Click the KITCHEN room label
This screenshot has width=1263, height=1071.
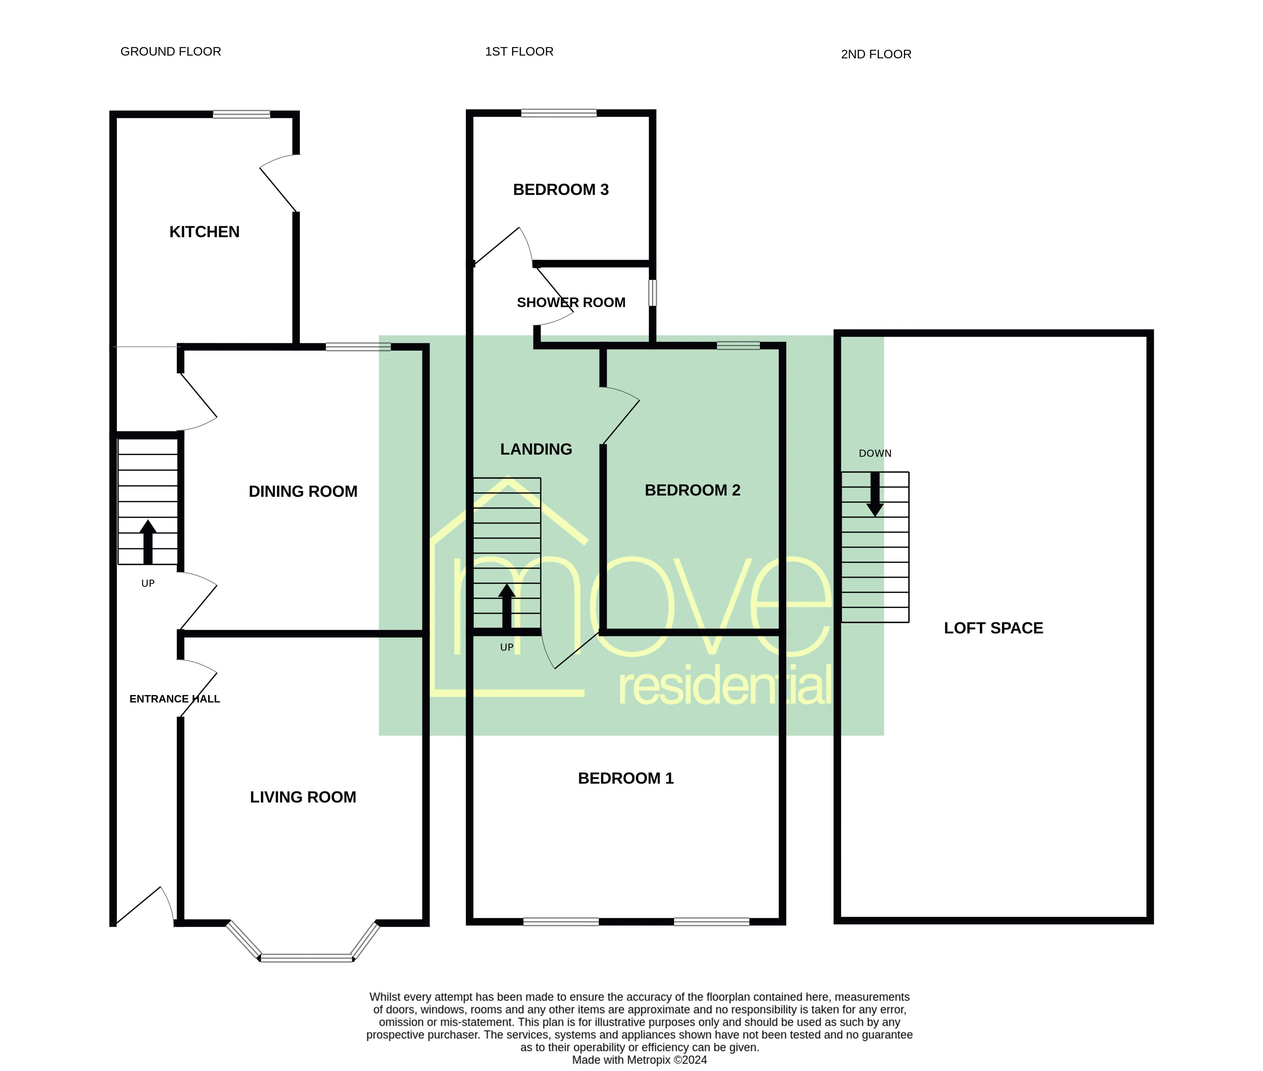[x=204, y=232]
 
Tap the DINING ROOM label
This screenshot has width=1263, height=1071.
[x=303, y=491]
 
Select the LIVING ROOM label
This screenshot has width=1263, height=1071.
[x=303, y=797]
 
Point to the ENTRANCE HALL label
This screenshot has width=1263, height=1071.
[x=174, y=699]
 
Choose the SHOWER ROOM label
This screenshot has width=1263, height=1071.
[x=571, y=302]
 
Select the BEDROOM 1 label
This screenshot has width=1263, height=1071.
[x=625, y=778]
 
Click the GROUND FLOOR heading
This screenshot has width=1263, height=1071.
[x=171, y=51]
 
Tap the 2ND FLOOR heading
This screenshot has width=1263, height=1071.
[x=875, y=54]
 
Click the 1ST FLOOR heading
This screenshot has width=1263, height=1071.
[x=519, y=51]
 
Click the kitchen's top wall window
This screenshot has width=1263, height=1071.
[x=241, y=114]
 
